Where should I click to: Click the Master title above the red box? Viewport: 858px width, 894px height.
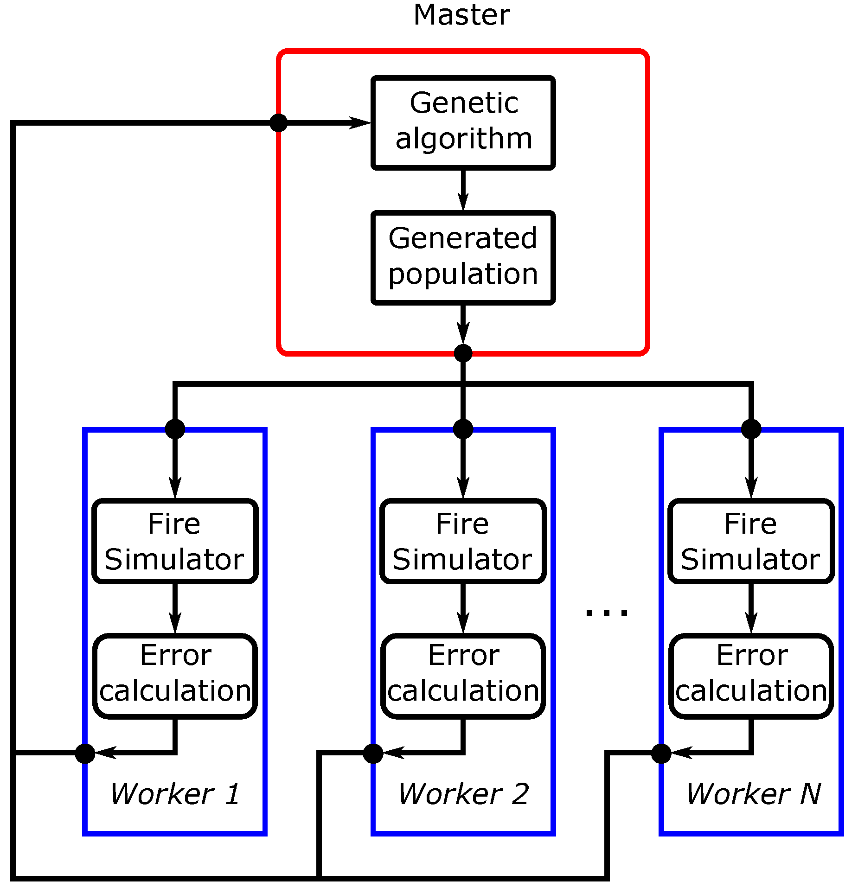pos(461,15)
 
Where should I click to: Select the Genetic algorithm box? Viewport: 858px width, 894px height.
pos(463,122)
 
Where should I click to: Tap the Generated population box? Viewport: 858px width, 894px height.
pos(463,257)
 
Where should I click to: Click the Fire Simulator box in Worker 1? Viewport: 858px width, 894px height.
pos(175,541)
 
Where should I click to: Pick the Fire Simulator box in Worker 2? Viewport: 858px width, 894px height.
pos(463,541)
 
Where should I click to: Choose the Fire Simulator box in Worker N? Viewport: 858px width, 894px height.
pos(751,541)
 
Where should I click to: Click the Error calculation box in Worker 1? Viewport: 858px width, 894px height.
pos(175,676)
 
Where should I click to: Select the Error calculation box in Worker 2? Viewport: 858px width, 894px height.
pos(463,676)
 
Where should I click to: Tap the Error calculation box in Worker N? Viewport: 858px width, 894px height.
pos(751,676)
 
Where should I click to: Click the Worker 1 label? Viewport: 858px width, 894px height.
pos(175,794)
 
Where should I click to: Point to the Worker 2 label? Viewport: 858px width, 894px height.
pos(463,794)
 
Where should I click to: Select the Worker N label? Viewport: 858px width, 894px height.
pos(753,794)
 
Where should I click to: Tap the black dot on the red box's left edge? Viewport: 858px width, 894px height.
pos(279,123)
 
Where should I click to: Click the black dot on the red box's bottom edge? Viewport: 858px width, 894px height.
pos(463,353)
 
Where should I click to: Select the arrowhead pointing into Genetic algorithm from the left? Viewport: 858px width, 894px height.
pos(359,123)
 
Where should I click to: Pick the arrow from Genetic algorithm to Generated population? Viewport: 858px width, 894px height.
pos(463,190)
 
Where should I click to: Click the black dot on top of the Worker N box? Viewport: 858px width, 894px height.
pos(751,428)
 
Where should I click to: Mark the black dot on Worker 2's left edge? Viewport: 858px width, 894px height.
pos(373,754)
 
